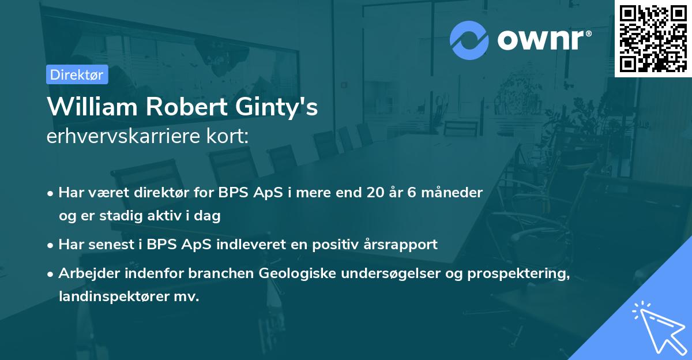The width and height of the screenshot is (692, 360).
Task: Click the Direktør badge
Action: pyautogui.click(x=77, y=74)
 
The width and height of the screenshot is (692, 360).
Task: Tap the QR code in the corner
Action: pyautogui.click(x=653, y=38)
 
